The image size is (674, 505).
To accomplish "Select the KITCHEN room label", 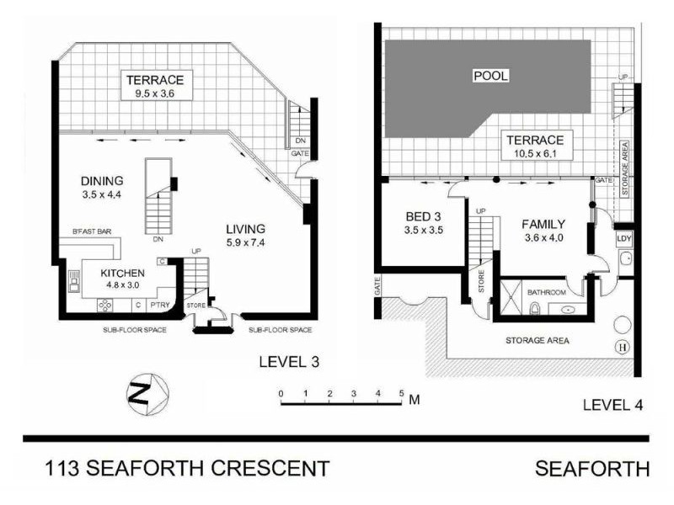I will tap(123, 273).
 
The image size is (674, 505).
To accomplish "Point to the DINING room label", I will tap(103, 181).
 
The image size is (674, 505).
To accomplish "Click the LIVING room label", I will tap(245, 228).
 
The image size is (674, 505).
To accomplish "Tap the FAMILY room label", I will tap(543, 225).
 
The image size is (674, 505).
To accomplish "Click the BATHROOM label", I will tap(547, 292).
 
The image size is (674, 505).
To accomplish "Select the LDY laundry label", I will tap(624, 239).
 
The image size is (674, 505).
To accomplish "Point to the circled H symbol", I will tap(623, 347).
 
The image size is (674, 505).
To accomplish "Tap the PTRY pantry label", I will tap(160, 304).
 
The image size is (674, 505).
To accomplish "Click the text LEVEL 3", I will tap(288, 363).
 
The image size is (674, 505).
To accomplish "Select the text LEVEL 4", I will tap(612, 405).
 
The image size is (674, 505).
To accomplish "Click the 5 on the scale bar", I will tap(402, 393).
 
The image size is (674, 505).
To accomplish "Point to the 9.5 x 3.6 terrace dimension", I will tap(155, 94).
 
